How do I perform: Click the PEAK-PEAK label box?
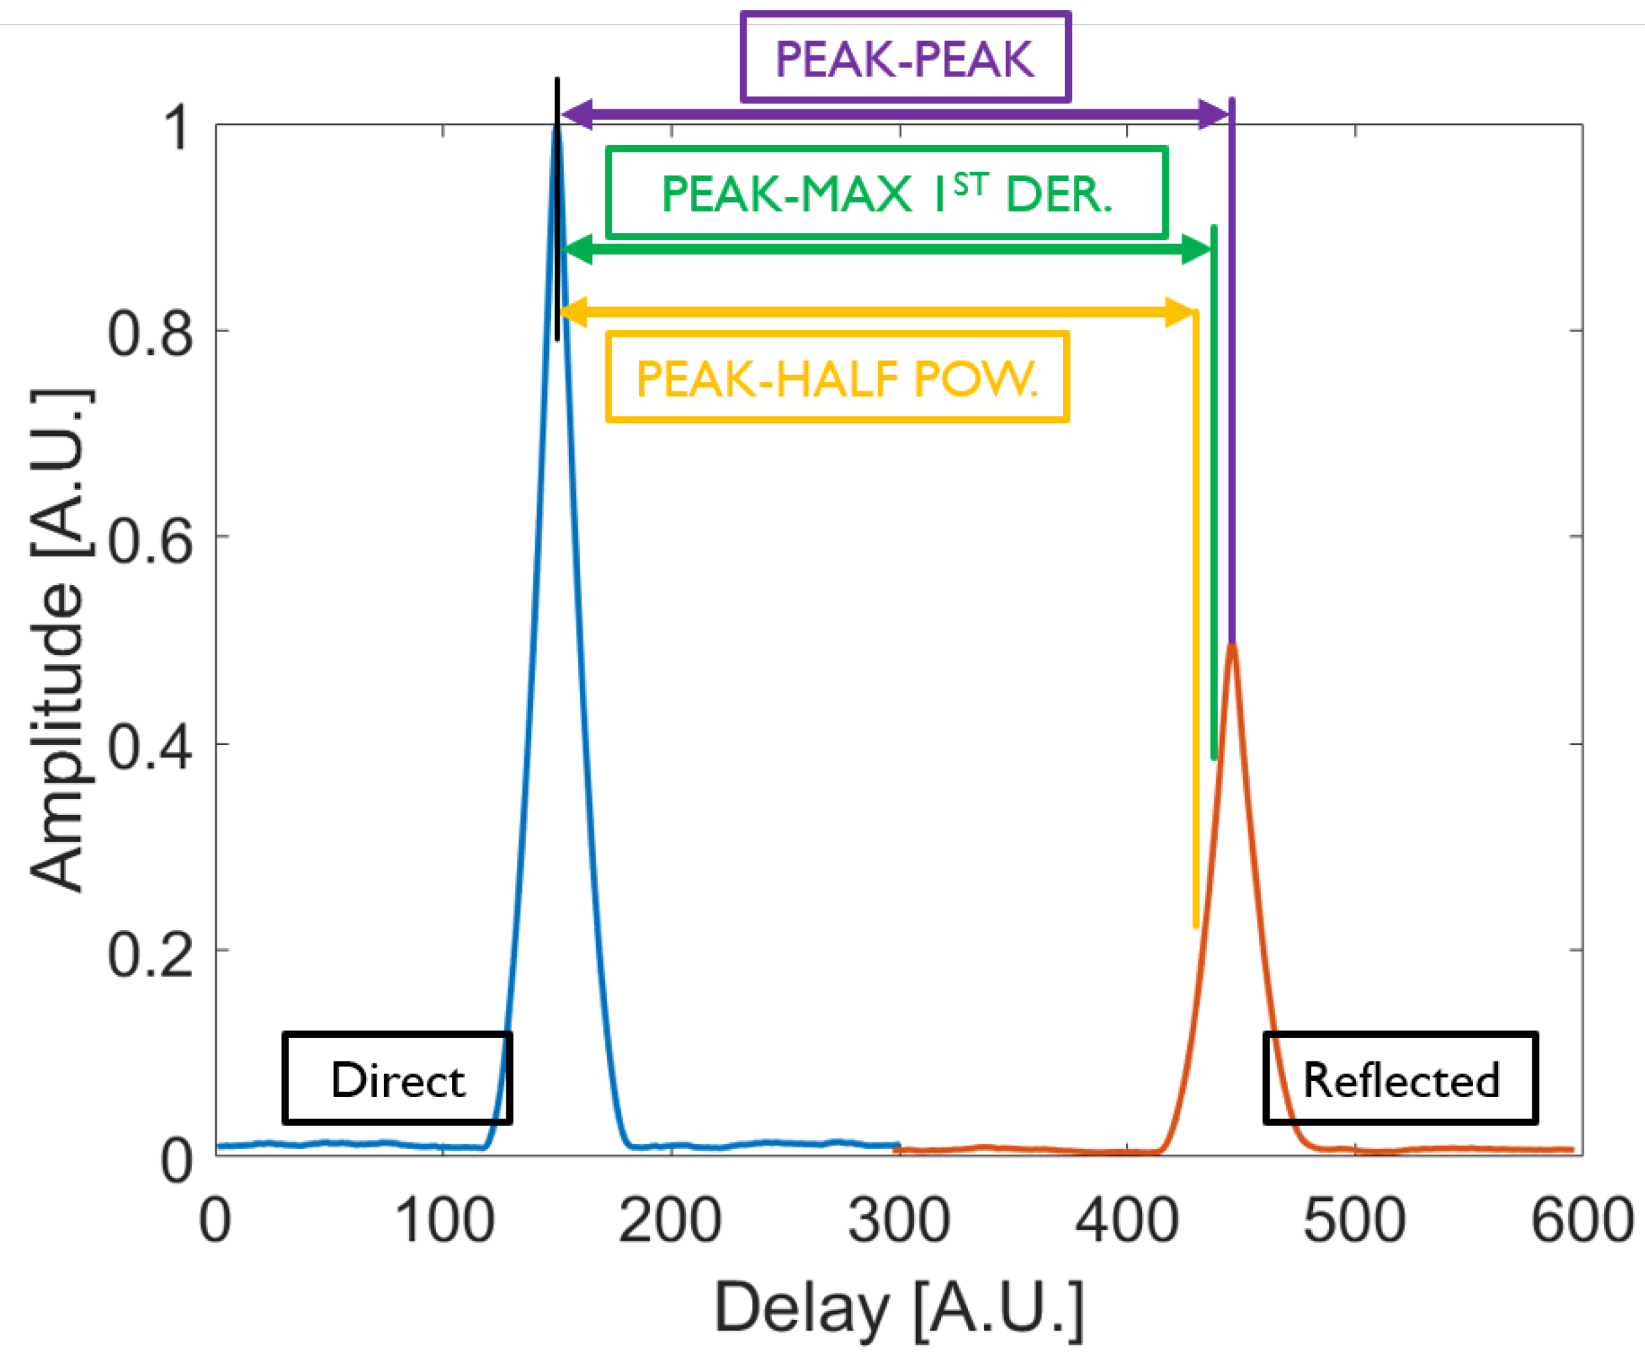(x=905, y=57)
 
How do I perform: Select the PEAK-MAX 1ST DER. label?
(x=886, y=192)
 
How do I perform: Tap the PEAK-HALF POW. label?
(x=836, y=378)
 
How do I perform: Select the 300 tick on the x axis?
(x=899, y=1221)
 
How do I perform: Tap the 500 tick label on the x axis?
(x=1355, y=1221)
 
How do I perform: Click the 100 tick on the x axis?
(x=444, y=1221)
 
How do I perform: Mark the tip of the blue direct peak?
(x=557, y=126)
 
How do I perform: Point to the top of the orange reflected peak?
(x=1232, y=645)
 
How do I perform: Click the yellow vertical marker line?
(x=1195, y=626)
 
